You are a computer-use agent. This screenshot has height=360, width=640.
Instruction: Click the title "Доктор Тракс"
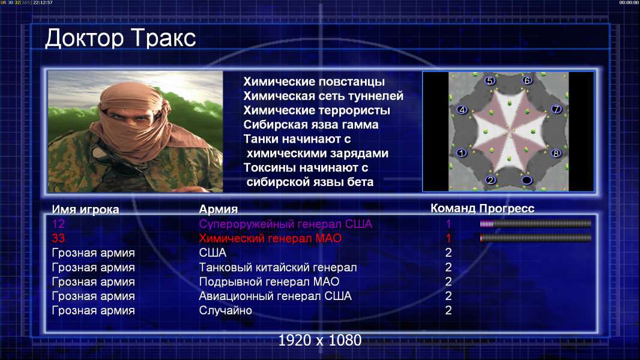tap(121, 38)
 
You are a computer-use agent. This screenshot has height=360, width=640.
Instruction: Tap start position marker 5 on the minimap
tap(490, 81)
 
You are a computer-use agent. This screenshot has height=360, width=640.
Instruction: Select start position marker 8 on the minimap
tap(555, 154)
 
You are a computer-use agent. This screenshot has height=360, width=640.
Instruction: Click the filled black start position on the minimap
tap(527, 180)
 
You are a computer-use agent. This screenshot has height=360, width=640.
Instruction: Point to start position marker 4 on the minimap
tap(462, 110)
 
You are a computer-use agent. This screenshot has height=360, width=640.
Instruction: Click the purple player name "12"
tap(58, 224)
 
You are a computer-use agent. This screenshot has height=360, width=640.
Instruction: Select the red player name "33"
tap(58, 238)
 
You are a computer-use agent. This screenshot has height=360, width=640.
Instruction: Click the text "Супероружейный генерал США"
tap(285, 224)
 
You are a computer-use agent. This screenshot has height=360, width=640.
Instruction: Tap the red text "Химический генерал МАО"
tap(270, 238)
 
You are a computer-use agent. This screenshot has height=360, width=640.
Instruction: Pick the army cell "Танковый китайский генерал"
tap(278, 268)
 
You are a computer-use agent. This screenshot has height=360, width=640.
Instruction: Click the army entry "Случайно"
tap(225, 311)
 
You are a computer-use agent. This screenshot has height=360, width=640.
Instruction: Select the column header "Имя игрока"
tap(85, 209)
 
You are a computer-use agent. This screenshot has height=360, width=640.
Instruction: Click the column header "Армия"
tap(219, 209)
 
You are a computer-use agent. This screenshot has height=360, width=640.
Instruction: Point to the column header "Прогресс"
tap(507, 209)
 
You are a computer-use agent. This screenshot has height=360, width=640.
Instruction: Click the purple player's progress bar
tap(536, 223)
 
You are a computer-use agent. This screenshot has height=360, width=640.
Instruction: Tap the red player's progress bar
tap(536, 238)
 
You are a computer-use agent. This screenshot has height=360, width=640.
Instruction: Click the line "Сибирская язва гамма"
tap(311, 125)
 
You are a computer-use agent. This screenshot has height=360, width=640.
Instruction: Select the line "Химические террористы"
tap(317, 110)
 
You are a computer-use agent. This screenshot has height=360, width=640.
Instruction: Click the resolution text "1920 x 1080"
tap(320, 340)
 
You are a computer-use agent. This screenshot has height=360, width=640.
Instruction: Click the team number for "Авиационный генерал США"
tap(448, 296)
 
